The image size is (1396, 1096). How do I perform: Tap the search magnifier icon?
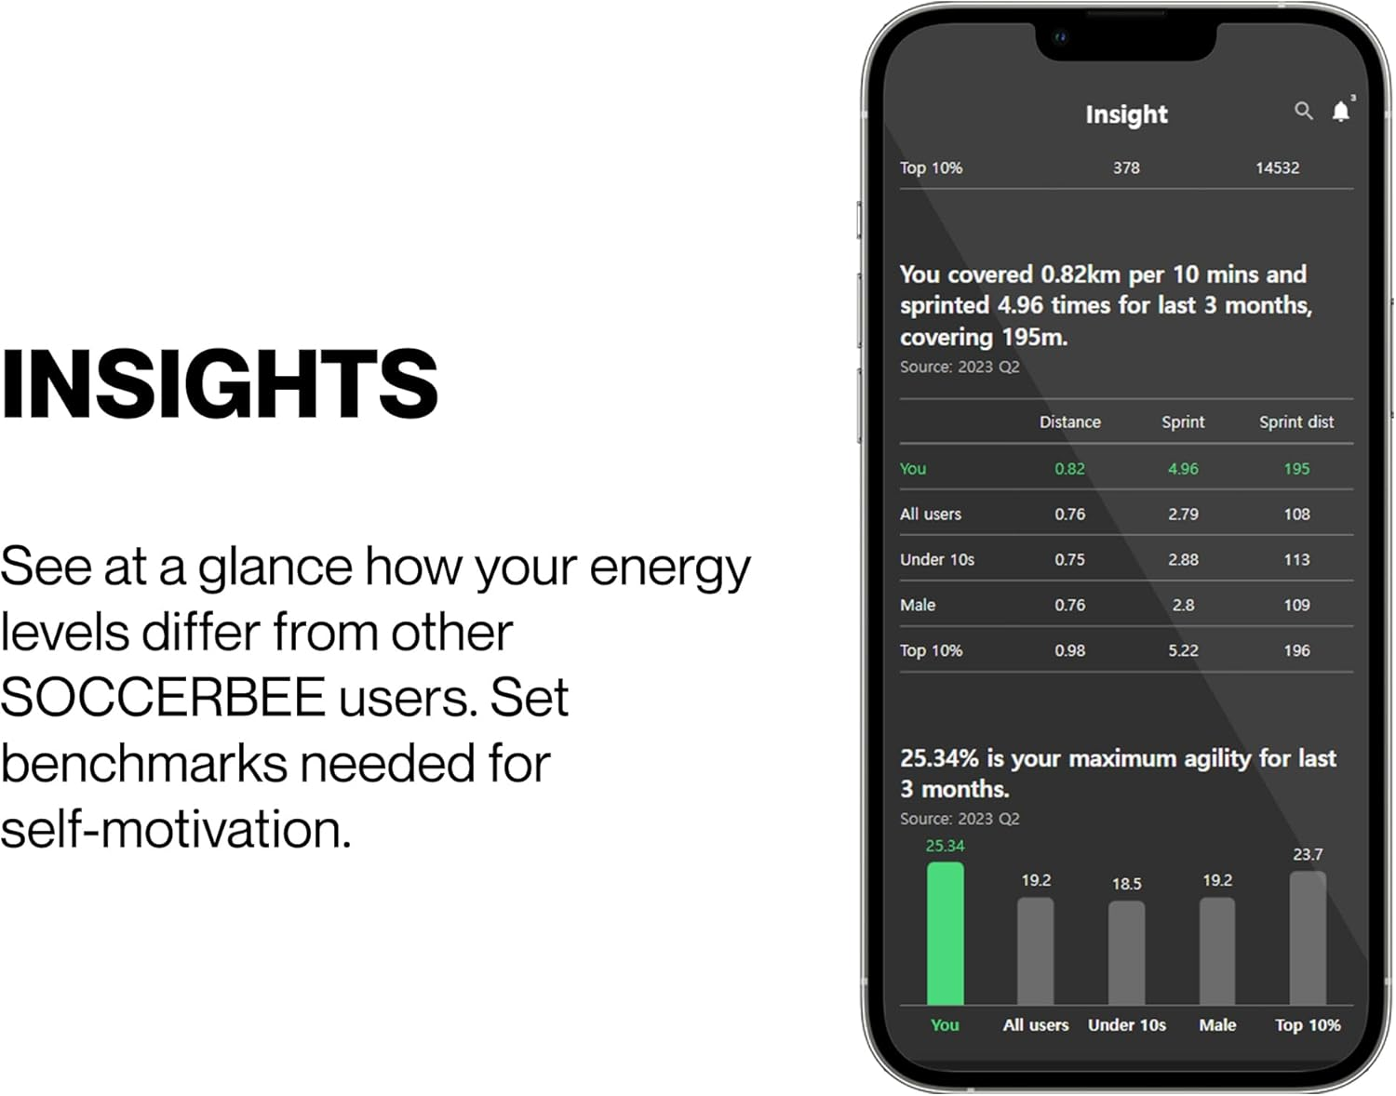click(1303, 111)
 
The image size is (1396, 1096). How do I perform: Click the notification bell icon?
click(1340, 112)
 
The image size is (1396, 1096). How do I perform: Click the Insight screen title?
click(1126, 114)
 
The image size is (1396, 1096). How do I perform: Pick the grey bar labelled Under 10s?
click(1126, 953)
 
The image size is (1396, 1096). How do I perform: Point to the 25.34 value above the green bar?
click(945, 846)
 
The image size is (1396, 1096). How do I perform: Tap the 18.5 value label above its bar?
click(1126, 884)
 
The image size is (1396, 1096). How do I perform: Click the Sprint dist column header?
click(1295, 422)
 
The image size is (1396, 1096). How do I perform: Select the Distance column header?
click(1069, 422)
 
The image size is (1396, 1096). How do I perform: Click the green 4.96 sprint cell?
click(1183, 469)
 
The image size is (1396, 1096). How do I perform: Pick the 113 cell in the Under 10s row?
click(1296, 560)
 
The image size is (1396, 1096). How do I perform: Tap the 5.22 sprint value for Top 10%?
click(1183, 651)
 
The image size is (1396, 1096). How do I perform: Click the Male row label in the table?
click(918, 606)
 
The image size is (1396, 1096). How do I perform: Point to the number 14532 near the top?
click(1277, 168)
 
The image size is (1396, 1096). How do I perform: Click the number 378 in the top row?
click(1126, 168)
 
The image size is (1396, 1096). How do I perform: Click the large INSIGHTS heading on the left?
click(220, 383)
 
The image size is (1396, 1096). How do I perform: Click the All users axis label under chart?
click(1035, 1025)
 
